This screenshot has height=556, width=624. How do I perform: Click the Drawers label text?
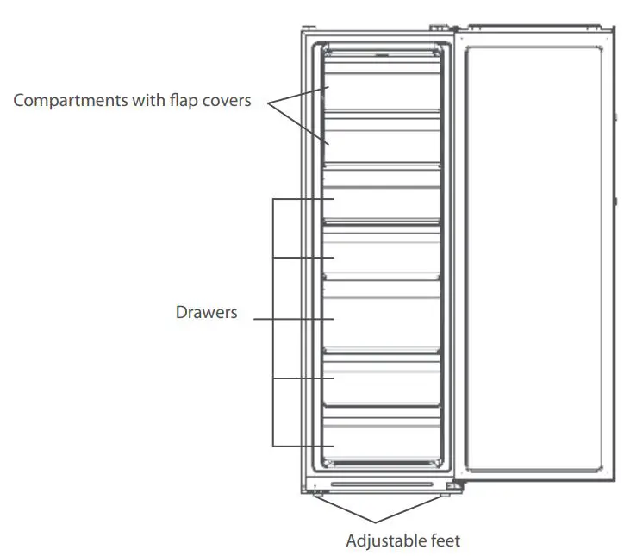pyautogui.click(x=206, y=312)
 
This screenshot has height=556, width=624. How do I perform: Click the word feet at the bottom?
pyautogui.click(x=445, y=541)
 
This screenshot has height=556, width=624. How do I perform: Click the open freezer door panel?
pyautogui.click(x=534, y=259)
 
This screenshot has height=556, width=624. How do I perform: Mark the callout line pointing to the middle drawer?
pyautogui.click(x=293, y=318)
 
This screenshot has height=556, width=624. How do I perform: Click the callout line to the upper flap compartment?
pyautogui.click(x=296, y=95)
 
